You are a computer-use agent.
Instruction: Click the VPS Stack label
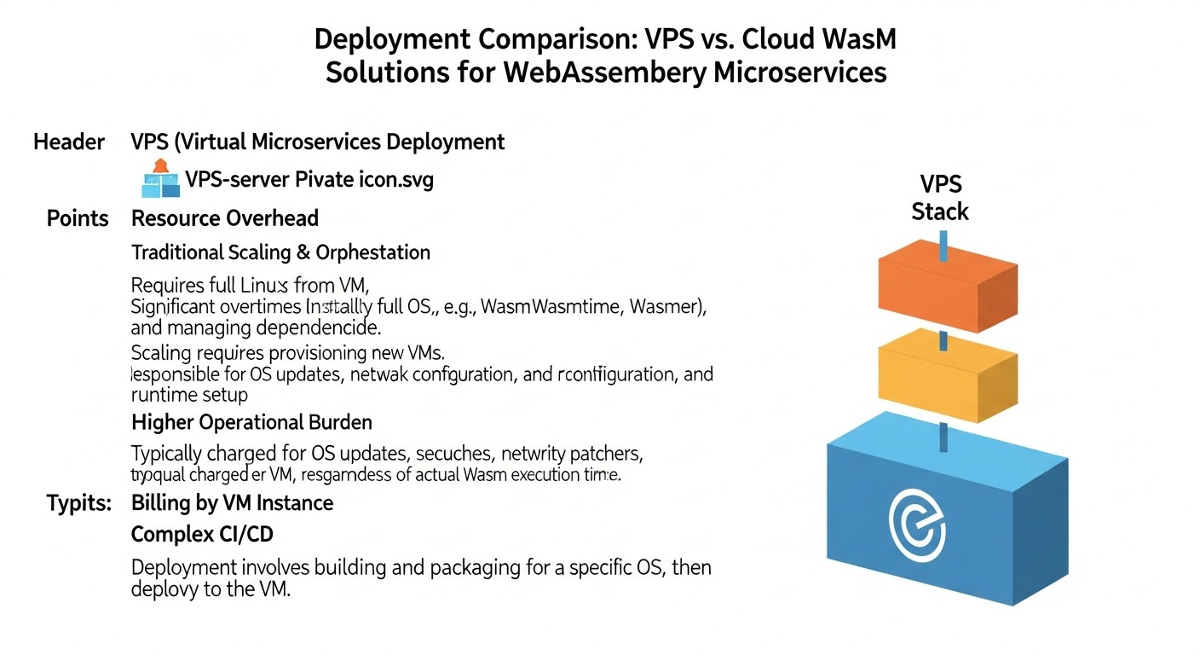[x=940, y=198]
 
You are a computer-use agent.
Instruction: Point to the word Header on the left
[x=69, y=142]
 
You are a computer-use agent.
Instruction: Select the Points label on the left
[x=78, y=218]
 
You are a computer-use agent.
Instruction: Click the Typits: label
[x=79, y=503]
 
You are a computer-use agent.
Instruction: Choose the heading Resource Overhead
[x=225, y=218]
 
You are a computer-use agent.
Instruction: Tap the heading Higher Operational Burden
[x=251, y=422]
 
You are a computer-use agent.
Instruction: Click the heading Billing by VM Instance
[x=232, y=503]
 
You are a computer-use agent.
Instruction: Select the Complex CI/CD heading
[x=202, y=535]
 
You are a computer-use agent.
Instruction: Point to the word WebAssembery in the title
[x=604, y=72]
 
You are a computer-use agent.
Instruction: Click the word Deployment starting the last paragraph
[x=184, y=567]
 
